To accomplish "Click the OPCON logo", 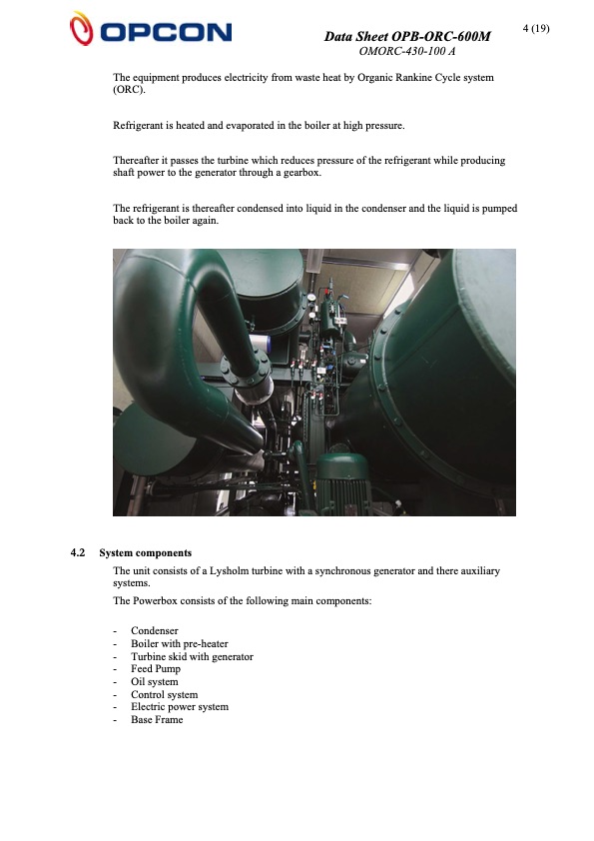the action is tap(150, 29).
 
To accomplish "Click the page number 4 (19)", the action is tap(537, 28).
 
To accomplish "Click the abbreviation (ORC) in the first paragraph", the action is tap(129, 90).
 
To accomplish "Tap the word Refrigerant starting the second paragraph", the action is tap(140, 125).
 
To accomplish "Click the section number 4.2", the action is tap(78, 553).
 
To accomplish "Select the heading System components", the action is tap(146, 553).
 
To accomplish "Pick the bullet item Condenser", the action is tap(155, 630).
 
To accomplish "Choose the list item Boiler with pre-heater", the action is tap(179, 643).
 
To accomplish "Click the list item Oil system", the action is tap(155, 682).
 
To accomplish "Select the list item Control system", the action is tap(164, 694).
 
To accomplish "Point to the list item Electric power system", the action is tap(180, 707).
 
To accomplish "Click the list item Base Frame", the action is tap(157, 720).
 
